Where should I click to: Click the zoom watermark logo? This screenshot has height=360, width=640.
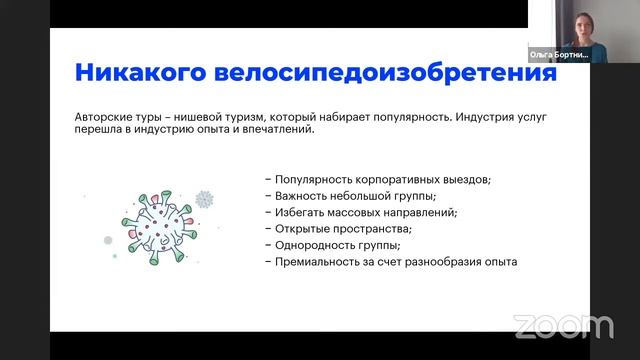coord(563,325)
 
